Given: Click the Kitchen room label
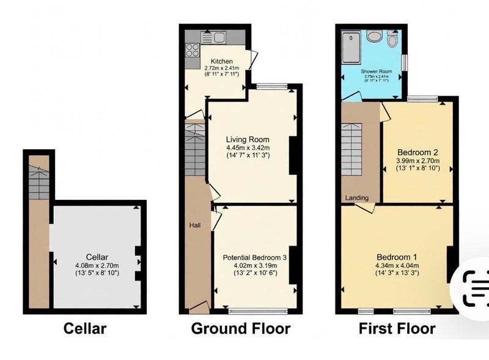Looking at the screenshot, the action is click(x=222, y=61).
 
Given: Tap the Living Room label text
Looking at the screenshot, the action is click(x=248, y=139).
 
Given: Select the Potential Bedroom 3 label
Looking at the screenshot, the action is click(x=255, y=258).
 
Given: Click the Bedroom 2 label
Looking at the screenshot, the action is click(x=417, y=153).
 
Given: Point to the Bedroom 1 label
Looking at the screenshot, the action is click(x=397, y=257).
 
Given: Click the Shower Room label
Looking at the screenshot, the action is click(x=377, y=72).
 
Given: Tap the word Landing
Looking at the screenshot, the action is click(x=357, y=198).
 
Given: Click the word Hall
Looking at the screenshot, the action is click(x=195, y=226).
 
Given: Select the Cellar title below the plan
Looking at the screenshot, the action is click(x=85, y=328).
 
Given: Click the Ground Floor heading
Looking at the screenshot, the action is click(x=241, y=328).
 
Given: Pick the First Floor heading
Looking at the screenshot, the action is click(x=397, y=328).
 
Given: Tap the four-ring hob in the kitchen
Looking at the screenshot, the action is click(x=193, y=50).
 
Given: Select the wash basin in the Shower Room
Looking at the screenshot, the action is click(x=373, y=36).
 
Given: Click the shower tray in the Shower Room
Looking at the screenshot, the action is click(x=351, y=47).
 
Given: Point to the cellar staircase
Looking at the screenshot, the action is click(x=39, y=182).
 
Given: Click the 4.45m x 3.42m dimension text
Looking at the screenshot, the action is click(x=248, y=147).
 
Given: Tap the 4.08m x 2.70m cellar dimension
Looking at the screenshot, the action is click(x=97, y=266).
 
